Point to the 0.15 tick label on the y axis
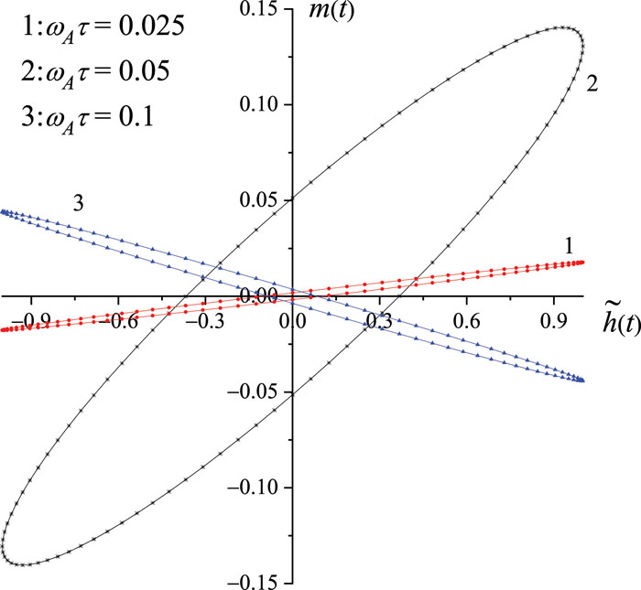261,9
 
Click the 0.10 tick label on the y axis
261,104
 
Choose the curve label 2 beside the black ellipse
592,84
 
